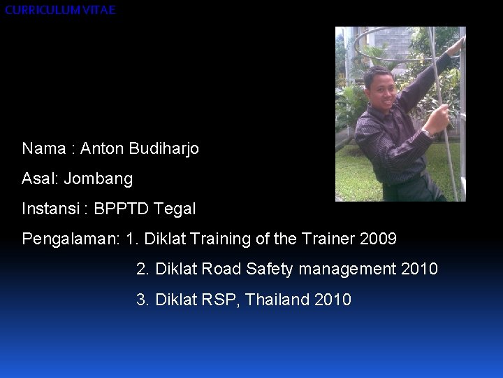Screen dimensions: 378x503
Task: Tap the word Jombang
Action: click(x=98, y=179)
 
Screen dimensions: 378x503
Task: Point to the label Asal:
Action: click(x=41, y=179)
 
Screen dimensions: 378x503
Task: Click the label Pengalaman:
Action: click(x=71, y=239)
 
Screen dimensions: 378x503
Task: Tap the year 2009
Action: click(x=379, y=239)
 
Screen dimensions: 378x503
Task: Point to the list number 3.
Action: click(x=143, y=300)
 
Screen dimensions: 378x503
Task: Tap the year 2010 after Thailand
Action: click(x=333, y=300)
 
